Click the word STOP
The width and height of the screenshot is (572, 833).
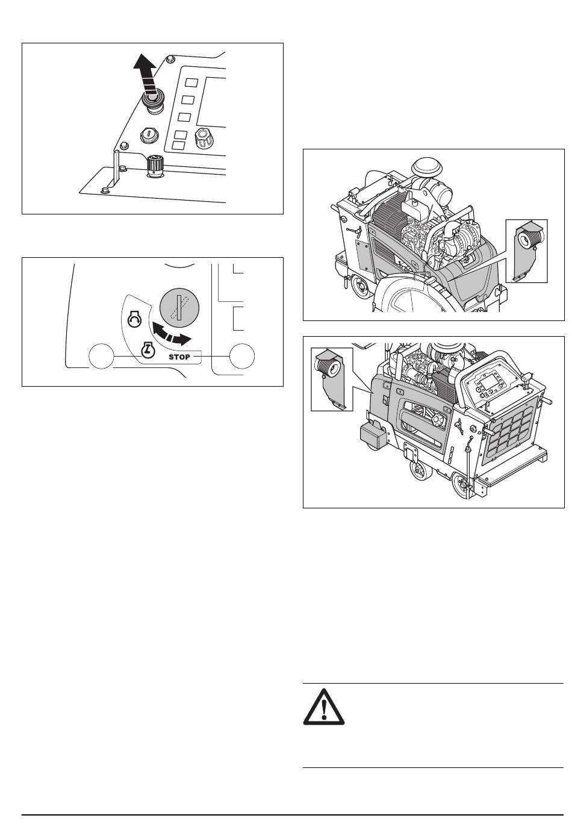tap(179, 357)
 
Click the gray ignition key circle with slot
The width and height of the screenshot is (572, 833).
tap(179, 308)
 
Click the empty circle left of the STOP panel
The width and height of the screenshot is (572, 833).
tap(101, 357)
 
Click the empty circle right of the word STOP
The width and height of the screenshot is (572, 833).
tap(242, 356)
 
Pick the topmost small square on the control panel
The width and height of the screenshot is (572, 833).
tap(192, 83)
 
